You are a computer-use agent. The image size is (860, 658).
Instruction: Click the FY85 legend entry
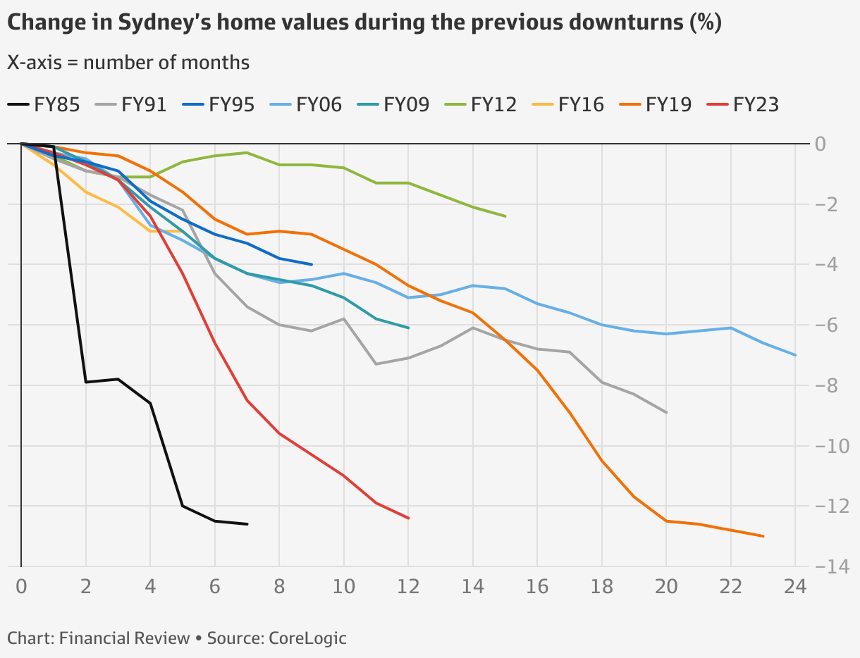[43, 105]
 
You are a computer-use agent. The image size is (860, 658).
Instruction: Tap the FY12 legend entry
[480, 105]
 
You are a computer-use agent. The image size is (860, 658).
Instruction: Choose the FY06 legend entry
[305, 105]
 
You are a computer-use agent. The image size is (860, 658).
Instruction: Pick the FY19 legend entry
[655, 105]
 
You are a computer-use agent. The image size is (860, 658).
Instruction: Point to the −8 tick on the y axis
[830, 385]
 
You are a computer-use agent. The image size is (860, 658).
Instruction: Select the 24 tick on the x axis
[794, 586]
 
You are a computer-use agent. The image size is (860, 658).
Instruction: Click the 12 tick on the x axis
[408, 586]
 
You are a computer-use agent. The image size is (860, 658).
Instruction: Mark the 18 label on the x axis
[601, 586]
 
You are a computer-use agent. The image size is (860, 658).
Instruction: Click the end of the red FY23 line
[408, 518]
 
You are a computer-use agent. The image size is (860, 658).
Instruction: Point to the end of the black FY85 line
[247, 524]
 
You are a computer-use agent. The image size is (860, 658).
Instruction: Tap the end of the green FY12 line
[505, 216]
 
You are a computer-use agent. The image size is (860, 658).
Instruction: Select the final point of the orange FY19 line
[763, 536]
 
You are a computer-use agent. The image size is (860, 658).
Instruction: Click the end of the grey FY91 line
[666, 413]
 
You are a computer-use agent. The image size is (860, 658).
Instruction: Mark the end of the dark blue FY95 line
[312, 264]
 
